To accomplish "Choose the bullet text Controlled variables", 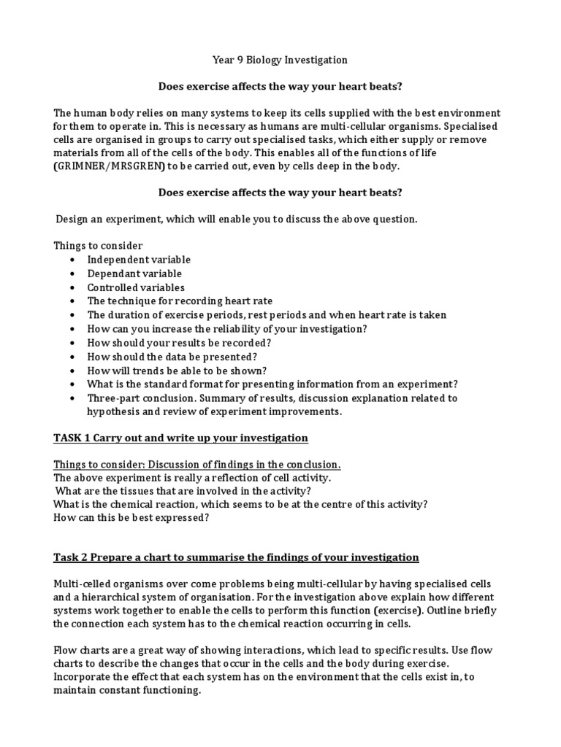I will pyautogui.click(x=136, y=287).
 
